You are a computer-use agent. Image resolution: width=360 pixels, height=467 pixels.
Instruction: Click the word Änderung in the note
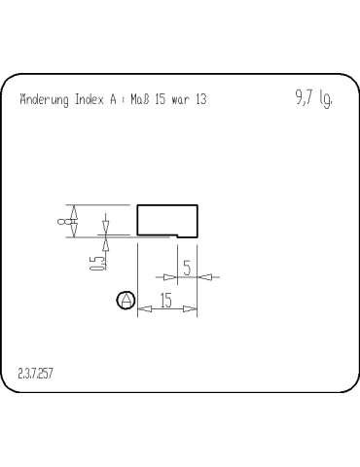tap(44, 100)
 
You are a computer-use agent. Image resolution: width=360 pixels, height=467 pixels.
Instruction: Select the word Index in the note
tap(90, 100)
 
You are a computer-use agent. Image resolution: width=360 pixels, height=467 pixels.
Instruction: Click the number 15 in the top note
tap(160, 100)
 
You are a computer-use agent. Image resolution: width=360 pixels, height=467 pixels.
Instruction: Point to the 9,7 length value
tap(302, 97)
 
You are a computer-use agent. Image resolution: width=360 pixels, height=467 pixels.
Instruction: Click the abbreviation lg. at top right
tap(326, 99)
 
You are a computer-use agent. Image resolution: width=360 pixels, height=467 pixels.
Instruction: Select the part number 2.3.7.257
tap(37, 374)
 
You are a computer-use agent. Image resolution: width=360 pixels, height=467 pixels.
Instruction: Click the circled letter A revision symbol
tap(125, 301)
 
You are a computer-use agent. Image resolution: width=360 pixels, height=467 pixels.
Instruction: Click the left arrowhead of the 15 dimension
tap(142, 310)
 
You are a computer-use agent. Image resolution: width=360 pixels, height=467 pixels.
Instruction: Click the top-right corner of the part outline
tap(198, 205)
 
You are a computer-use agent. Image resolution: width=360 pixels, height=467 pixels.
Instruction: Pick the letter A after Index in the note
tap(113, 100)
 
